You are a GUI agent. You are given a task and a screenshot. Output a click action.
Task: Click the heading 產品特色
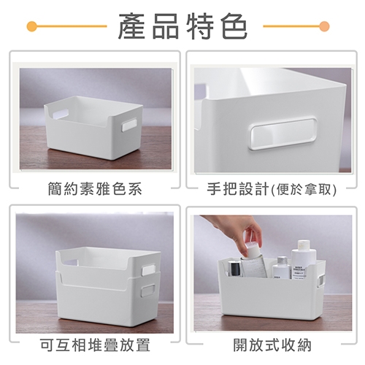182,26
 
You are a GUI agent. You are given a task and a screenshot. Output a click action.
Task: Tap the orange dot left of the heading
31,26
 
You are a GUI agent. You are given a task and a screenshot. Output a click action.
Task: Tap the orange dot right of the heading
324,26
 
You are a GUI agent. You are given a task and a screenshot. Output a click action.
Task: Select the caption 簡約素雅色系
95,189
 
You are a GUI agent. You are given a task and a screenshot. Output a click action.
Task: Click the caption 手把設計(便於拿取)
272,189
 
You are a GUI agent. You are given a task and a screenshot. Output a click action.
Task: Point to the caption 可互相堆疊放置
95,345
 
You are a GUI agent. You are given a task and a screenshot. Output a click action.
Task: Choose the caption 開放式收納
272,345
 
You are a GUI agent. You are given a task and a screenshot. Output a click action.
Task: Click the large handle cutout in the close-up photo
283,134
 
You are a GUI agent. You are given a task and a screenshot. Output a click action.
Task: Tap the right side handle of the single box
129,126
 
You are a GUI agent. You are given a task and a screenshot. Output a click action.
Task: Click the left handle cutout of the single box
60,114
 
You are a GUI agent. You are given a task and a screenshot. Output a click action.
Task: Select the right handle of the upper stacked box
149,270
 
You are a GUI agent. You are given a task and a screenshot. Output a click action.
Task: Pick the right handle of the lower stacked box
148,290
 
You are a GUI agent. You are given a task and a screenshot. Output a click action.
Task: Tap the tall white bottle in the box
304,259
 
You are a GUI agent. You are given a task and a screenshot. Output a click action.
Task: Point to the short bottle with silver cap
282,267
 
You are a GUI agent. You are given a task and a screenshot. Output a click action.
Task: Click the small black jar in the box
234,268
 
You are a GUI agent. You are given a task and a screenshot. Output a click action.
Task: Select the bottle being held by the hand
254,259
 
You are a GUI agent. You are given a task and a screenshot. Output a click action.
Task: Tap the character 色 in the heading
235,26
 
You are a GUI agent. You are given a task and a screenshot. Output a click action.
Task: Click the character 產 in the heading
131,26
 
